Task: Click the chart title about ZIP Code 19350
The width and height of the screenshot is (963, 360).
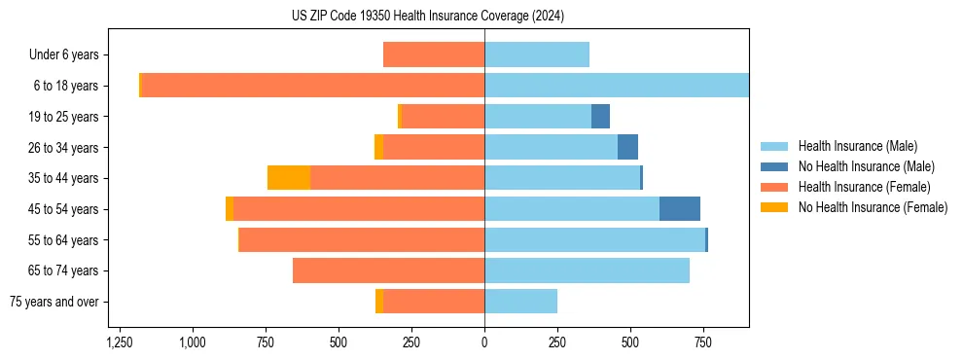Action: tap(427, 17)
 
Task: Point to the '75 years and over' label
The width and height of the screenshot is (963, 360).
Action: tap(53, 302)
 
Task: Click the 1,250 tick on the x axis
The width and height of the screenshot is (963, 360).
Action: tap(120, 342)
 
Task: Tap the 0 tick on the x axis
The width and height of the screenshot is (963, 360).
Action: tap(484, 342)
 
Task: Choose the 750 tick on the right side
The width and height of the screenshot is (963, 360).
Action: tap(703, 342)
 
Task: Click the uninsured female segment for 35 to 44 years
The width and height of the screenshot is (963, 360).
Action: tap(289, 178)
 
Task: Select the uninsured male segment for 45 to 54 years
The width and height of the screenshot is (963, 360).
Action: tap(680, 209)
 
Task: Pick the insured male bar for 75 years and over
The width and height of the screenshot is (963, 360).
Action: tap(520, 302)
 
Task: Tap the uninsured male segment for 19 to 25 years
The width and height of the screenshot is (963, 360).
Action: tap(600, 117)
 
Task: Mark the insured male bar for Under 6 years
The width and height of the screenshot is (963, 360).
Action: tap(537, 54)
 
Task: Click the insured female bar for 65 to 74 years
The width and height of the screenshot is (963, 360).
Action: tap(389, 270)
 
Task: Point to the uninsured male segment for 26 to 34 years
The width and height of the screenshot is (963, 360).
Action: tap(627, 147)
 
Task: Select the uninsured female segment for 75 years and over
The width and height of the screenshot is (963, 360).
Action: tap(379, 302)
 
